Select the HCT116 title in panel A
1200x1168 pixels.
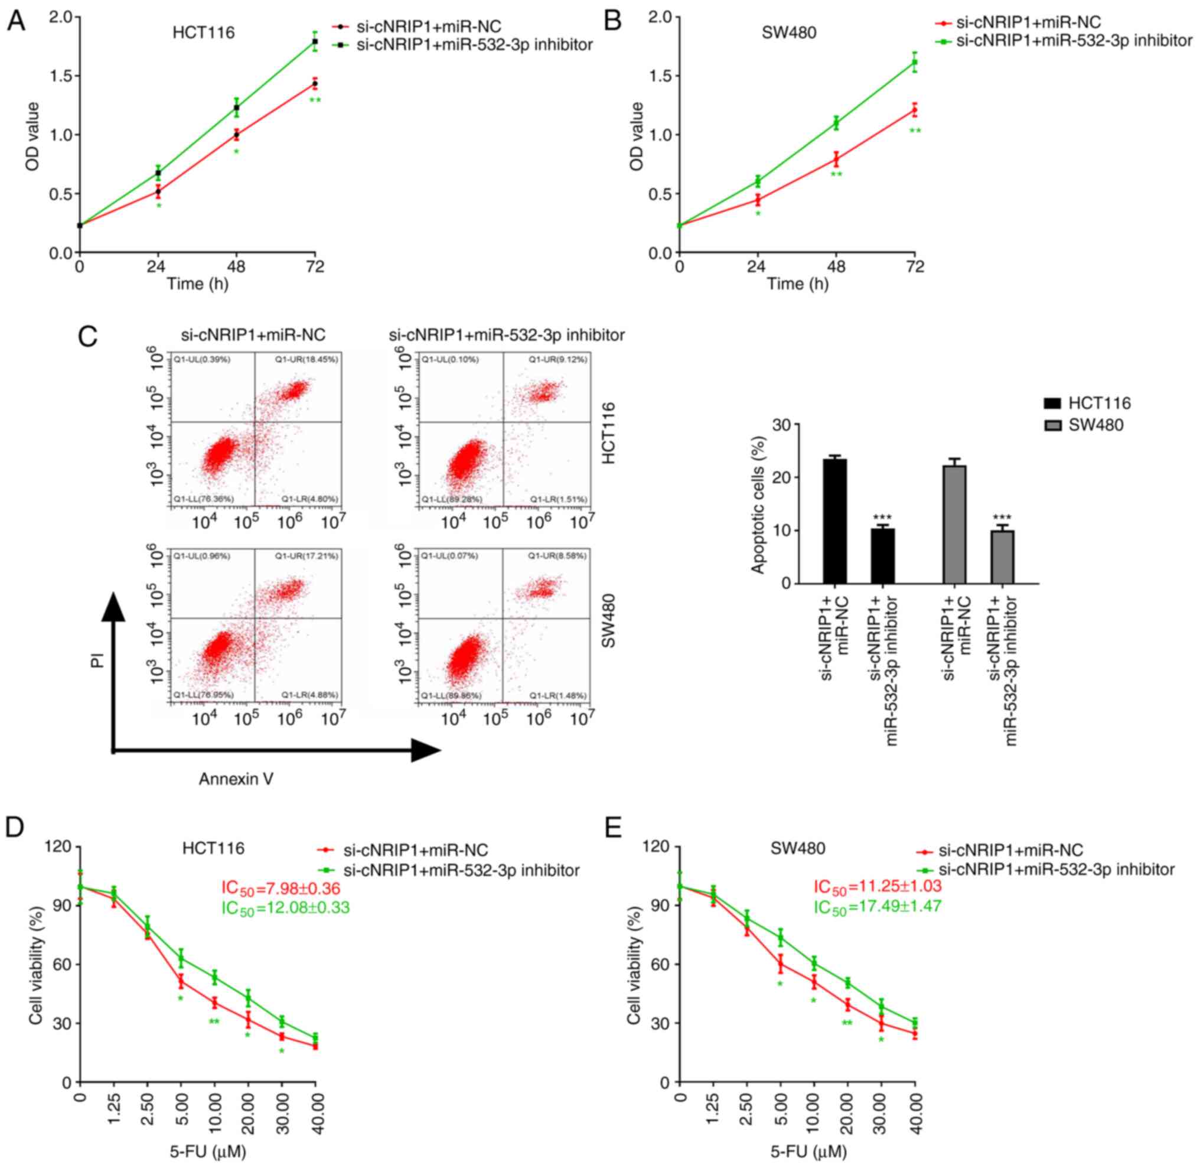204,32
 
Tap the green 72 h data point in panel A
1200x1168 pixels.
315,41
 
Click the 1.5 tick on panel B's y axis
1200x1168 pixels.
662,76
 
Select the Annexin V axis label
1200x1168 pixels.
236,779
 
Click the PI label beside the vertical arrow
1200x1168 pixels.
96,661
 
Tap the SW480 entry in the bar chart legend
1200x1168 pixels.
1095,425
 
